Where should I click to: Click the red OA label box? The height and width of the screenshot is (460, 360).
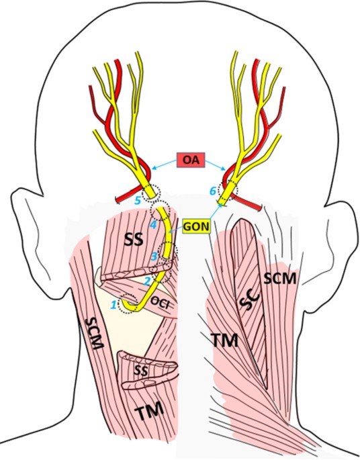pos(191,160)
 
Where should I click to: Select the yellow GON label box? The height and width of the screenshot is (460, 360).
pos(197,226)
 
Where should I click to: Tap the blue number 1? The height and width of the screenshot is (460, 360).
pos(114,306)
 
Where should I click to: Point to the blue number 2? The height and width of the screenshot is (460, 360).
pos(148,281)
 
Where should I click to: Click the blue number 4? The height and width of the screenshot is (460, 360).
pos(153,225)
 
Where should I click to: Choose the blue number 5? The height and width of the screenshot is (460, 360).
pos(138,200)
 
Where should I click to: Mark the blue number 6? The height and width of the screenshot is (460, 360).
pos(212,191)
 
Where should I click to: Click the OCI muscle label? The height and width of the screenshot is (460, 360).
pos(161,304)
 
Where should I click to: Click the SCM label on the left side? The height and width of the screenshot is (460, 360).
pos(95,334)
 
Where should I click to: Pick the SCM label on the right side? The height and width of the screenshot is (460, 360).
pos(279,278)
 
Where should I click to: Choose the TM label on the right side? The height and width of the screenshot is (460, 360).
pos(225,340)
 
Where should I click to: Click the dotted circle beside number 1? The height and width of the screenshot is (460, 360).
pos(128,304)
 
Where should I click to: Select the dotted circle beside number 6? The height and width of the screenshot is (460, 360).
pos(228,190)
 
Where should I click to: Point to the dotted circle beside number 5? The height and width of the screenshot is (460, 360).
pos(151,193)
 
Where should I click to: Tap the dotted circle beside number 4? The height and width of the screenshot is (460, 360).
pos(160,210)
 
